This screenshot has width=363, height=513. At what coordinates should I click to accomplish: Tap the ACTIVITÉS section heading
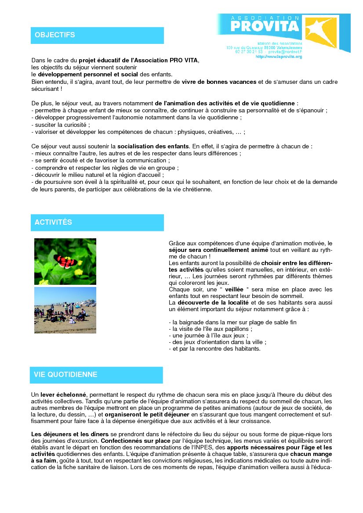point(53,222)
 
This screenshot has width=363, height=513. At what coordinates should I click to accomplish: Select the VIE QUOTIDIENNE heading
point(65,375)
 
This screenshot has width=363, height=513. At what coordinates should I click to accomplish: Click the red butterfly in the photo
point(64,262)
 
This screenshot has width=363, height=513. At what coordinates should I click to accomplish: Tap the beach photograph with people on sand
point(65,310)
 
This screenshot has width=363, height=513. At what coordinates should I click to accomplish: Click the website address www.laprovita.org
point(279,57)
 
